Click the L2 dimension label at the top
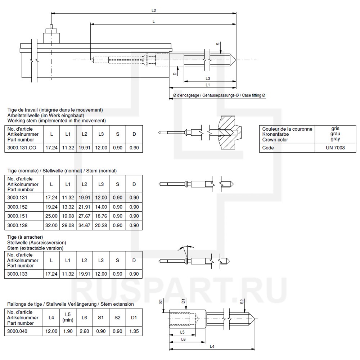[x=154, y=10]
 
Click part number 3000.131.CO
[x=22, y=148]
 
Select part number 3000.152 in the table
[x=17, y=207]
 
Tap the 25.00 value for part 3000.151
[x=51, y=216]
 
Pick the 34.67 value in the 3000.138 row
[x=84, y=225]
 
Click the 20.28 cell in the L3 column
[x=101, y=225]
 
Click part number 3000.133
[x=17, y=274]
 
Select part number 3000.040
[x=17, y=331]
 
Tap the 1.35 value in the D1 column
[x=134, y=331]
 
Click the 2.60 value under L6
[x=84, y=331]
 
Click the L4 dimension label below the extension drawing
[x=212, y=346]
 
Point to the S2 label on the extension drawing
[x=242, y=302]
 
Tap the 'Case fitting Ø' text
[x=253, y=95]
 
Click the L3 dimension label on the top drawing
[x=208, y=78]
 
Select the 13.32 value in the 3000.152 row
[x=68, y=207]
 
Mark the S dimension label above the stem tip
[x=217, y=44]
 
